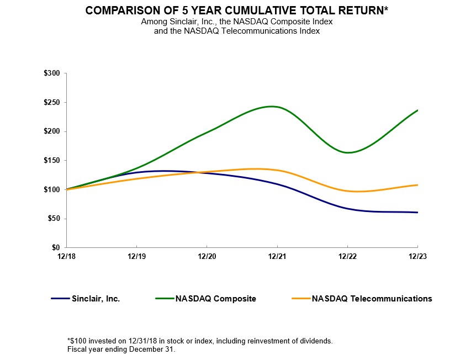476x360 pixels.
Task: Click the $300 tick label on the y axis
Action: coord(53,73)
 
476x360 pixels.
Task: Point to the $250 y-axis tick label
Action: coord(53,102)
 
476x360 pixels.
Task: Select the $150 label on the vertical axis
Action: coord(53,161)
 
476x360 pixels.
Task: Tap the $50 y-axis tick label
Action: coord(55,219)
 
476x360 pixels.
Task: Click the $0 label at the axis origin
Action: coord(57,248)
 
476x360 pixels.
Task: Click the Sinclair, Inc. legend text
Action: coord(96,299)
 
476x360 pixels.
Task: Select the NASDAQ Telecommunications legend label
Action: coord(372,299)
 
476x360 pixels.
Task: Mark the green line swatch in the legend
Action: coord(164,299)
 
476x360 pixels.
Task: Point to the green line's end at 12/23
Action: coord(417,110)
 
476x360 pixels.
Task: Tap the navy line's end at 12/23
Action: coord(417,212)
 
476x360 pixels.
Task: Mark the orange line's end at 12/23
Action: coord(417,185)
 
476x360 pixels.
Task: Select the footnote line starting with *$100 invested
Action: coord(199,341)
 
